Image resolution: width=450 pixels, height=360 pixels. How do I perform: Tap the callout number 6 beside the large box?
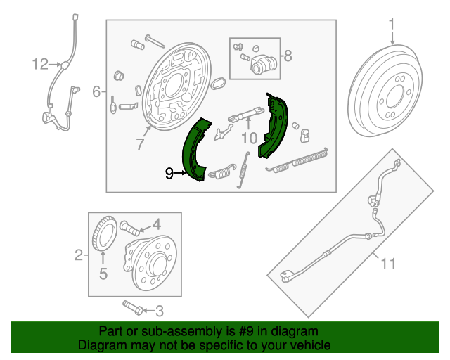[x=96, y=91]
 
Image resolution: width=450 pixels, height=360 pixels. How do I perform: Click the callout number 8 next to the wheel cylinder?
[x=287, y=55]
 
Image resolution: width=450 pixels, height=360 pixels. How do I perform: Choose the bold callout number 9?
[x=169, y=172]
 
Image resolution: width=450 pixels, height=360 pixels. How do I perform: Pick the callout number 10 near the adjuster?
[x=248, y=137]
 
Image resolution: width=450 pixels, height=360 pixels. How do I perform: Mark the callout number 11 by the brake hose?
[x=387, y=264]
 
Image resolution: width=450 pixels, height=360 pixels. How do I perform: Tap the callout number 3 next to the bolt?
[x=159, y=309]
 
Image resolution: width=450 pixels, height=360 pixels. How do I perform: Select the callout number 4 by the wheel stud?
[x=157, y=225]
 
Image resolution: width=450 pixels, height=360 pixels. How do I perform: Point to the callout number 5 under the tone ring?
[x=103, y=274]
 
